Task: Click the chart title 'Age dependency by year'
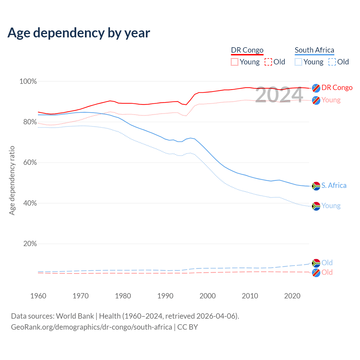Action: pos(79,33)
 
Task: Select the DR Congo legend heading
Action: pos(247,50)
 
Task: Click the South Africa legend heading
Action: pos(314,50)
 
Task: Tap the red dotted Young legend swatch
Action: pos(234,62)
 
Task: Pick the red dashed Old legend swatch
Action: pos(268,62)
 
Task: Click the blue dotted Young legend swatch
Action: pos(298,62)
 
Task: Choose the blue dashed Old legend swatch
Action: pos(332,62)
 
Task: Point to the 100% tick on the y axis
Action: pos(28,82)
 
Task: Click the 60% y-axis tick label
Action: pos(30,163)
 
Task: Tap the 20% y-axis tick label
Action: pos(30,244)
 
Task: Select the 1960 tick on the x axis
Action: pos(38,296)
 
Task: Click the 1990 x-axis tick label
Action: pos(165,296)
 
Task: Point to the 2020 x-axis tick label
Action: pos(292,296)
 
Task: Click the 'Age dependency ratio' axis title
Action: pos(12,180)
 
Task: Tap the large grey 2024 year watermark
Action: pos(279,94)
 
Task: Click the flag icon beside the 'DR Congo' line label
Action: pos(316,88)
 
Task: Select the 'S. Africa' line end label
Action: pos(334,186)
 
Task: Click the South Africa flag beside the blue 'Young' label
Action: pos(316,206)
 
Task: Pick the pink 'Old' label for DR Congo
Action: pos(327,272)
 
